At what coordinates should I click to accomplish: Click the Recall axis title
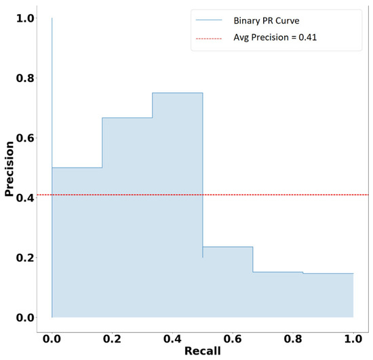click(x=202, y=353)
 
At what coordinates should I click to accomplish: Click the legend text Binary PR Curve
click(x=271, y=21)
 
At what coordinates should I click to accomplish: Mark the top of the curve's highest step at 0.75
click(x=178, y=93)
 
